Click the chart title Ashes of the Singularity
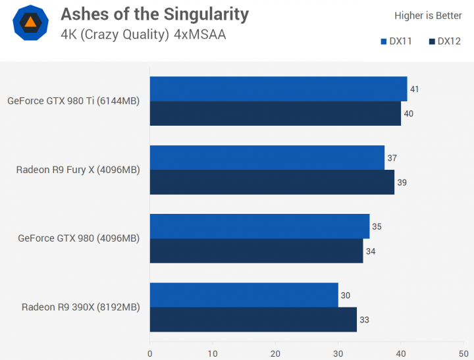154,14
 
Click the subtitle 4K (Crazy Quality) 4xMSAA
143,34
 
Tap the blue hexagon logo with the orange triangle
30,22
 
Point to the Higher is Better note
428,15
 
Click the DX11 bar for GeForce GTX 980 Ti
278,89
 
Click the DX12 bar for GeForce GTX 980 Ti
275,113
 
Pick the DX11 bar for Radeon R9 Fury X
267,158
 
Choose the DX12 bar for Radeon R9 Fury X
272,182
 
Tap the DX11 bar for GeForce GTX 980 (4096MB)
259,226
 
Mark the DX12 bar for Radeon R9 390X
253,319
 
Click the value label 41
414,89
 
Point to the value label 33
364,320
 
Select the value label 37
392,158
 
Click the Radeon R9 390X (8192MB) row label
80,307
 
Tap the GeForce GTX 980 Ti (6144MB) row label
73,101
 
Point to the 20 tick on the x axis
275,353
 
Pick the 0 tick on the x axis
150,353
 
